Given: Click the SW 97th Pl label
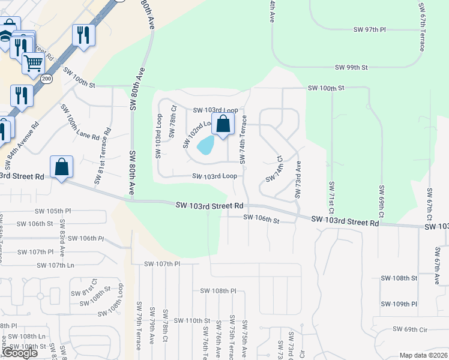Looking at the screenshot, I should point(370,29).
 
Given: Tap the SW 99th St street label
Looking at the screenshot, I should point(351,68).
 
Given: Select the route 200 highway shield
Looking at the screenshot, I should point(46,79).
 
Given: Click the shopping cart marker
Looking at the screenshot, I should point(33,62).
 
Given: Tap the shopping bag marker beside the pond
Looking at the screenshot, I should point(223,125).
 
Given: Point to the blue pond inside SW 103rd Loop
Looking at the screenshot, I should point(206,145).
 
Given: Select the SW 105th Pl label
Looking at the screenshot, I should point(53,211).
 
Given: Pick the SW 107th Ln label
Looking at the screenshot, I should point(55,265).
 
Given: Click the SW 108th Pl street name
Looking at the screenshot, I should point(219,291).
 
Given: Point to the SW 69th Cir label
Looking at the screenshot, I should point(410,329).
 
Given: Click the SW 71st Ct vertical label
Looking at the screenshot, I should point(330,197).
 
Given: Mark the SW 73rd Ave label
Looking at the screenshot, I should point(297,179).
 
